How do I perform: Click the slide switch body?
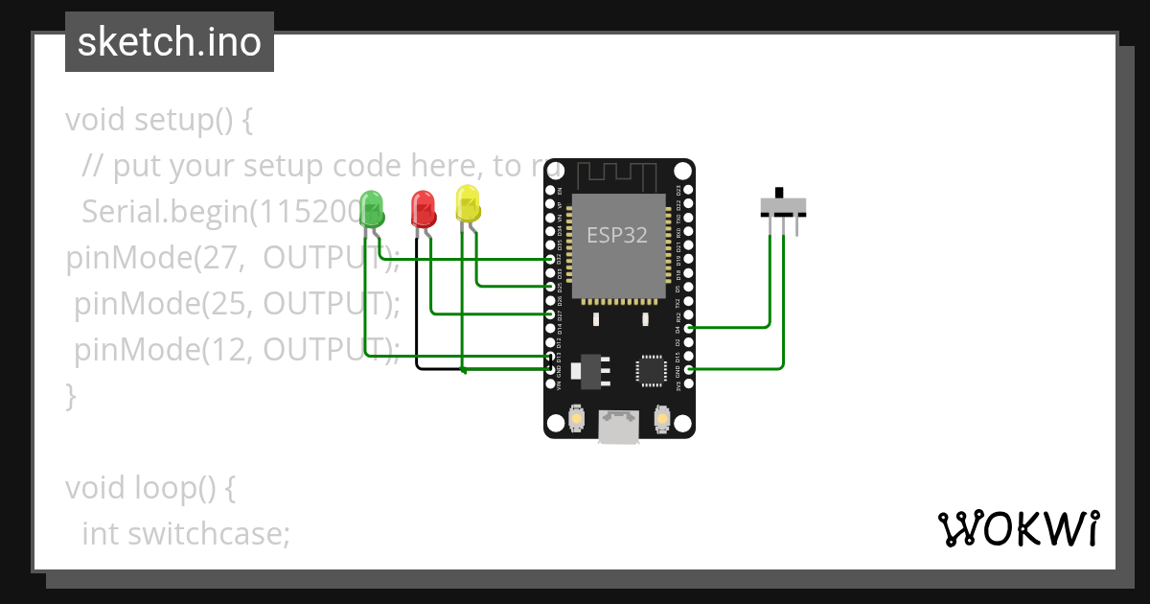click(783, 206)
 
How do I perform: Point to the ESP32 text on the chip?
click(618, 235)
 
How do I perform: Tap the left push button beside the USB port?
click(577, 419)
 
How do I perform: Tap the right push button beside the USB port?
click(661, 419)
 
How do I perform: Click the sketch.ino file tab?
click(170, 42)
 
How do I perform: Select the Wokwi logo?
click(1017, 528)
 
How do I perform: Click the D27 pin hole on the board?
click(550, 314)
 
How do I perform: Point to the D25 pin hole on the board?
click(550, 287)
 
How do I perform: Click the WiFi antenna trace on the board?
click(618, 174)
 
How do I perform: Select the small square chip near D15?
click(651, 369)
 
